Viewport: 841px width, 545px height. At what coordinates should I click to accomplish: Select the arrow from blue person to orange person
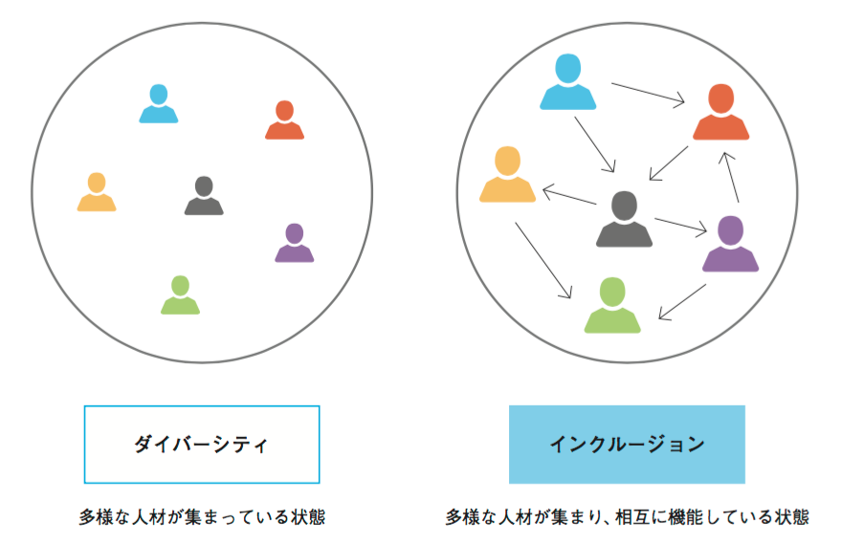point(648,92)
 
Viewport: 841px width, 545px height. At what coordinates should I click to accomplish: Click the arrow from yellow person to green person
point(543,260)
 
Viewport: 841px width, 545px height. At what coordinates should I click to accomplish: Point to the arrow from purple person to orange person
point(731,177)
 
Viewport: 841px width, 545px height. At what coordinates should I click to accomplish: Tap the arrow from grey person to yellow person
point(569,196)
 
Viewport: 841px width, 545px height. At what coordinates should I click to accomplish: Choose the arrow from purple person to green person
point(682,302)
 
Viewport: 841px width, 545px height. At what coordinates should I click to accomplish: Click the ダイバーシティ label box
point(202,445)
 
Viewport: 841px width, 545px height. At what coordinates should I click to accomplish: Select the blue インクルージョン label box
point(627,445)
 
